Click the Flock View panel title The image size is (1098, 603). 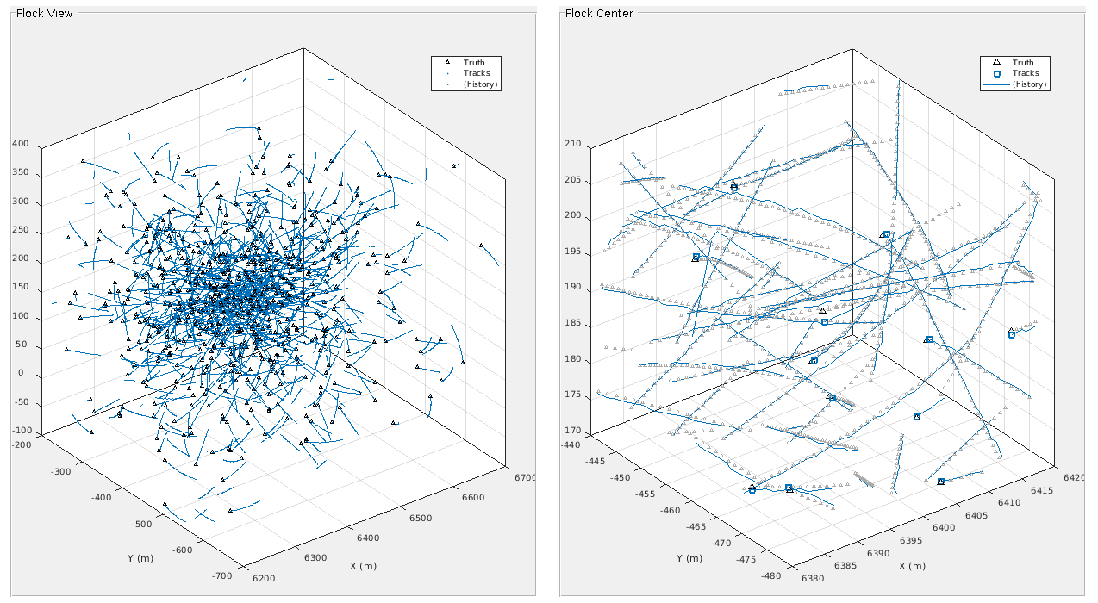[x=45, y=13]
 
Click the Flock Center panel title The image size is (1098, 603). [x=599, y=13]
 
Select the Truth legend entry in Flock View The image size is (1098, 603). [x=474, y=63]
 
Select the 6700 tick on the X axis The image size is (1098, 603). [x=524, y=477]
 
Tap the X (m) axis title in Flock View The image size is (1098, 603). [x=363, y=566]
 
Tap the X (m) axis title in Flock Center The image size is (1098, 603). [x=911, y=566]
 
